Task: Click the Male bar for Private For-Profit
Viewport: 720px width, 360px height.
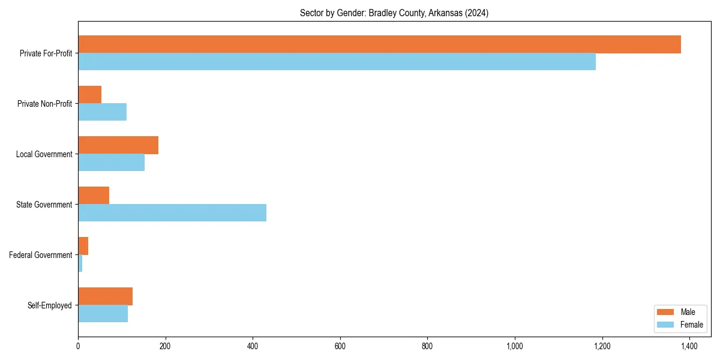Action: (379, 44)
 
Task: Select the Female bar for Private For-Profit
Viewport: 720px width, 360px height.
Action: (337, 62)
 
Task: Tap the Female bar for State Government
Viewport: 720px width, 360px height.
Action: (172, 213)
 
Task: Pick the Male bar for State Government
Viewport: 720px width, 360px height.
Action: (94, 196)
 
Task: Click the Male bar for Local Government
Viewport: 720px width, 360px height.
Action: (118, 145)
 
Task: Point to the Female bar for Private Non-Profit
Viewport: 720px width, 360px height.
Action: (102, 112)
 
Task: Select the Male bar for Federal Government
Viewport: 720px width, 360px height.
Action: (83, 246)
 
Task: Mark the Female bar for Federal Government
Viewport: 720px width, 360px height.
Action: (80, 263)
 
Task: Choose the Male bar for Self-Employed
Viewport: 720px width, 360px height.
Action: (105, 296)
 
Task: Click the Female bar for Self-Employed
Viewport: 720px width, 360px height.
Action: (103, 314)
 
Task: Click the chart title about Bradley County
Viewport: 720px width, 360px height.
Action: (394, 13)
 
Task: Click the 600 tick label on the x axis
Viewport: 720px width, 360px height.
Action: (340, 346)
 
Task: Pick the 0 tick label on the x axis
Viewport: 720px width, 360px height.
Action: (78, 346)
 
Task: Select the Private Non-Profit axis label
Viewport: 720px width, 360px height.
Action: (44, 104)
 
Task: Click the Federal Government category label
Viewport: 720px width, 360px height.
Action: (41, 255)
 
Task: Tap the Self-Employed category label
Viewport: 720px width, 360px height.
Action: (50, 305)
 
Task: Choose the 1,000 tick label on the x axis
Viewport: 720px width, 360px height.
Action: (514, 346)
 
